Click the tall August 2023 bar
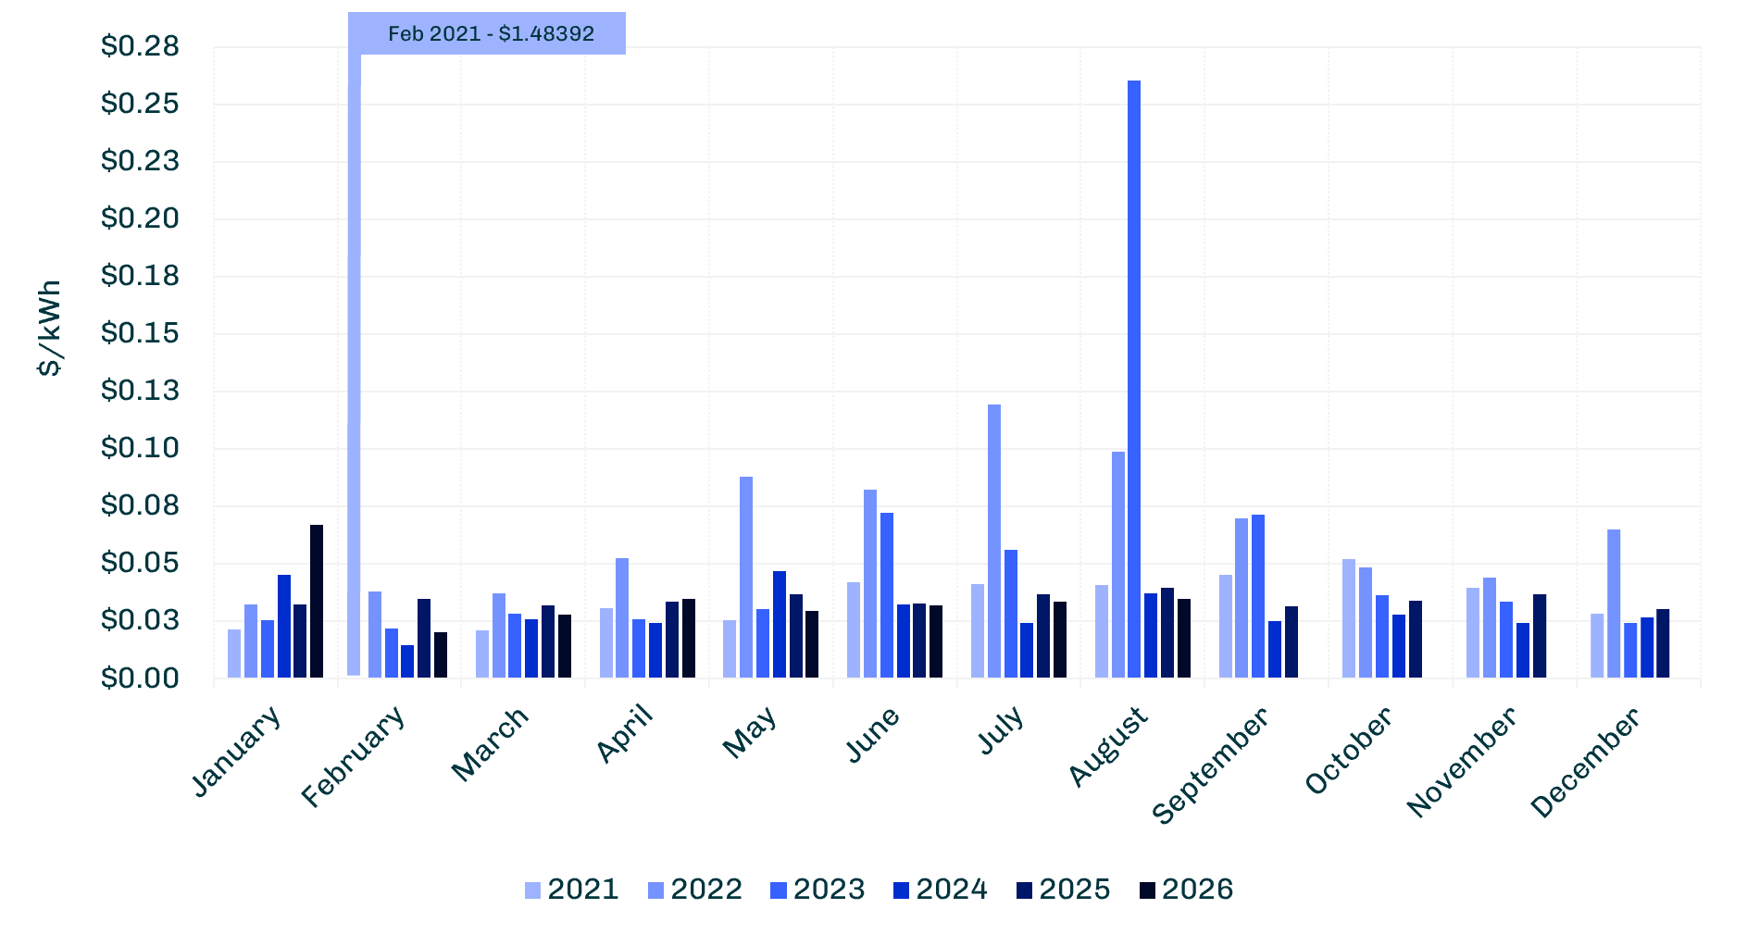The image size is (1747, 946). coord(1134,379)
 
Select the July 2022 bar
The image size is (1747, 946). coord(994,541)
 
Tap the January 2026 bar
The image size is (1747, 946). coord(317,601)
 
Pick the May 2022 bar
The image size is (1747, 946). coord(746,577)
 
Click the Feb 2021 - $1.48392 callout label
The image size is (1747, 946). coord(487,33)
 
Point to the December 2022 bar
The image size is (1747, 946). coord(1614,604)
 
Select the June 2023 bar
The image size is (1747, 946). coord(887,595)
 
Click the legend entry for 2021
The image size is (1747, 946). coord(571,890)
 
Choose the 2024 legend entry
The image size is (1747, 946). coord(941,890)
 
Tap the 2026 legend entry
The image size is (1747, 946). coord(1186,890)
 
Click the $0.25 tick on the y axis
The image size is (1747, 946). coord(140,103)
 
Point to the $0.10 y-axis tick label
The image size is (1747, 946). coord(140,448)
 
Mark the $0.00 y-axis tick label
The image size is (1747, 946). coord(140,678)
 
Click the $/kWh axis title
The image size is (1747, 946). coord(50,328)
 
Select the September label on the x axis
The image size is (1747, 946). coord(1210,766)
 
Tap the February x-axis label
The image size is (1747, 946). coord(354,756)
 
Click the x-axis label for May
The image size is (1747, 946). coord(749,732)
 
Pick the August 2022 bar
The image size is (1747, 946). coord(1118,565)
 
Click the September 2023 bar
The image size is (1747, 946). coord(1258,596)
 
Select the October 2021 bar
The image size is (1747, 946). coord(1349,618)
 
